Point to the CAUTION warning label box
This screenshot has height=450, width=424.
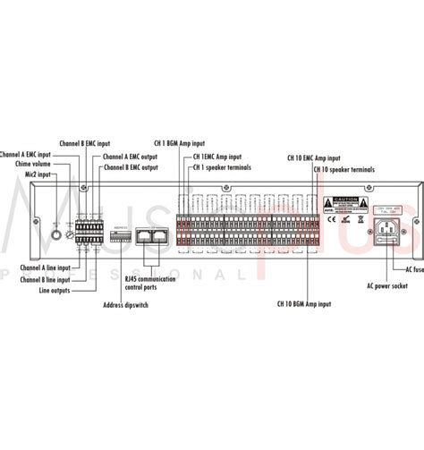[x=343, y=200]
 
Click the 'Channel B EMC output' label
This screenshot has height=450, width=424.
[x=131, y=166]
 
